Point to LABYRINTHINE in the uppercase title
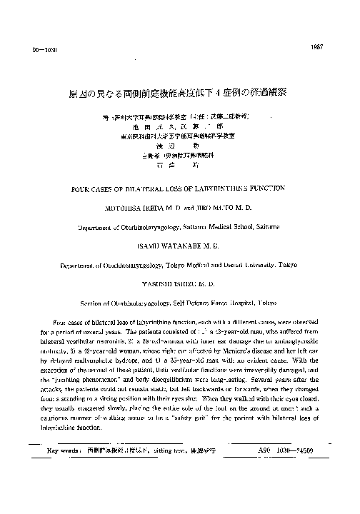242,188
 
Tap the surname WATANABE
192,245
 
